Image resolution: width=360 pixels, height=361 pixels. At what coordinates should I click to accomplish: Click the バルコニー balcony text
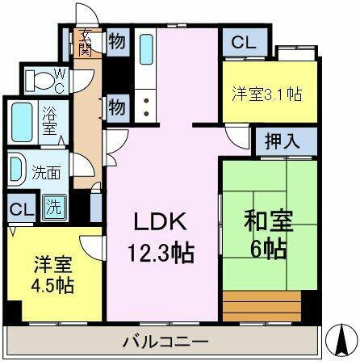[167, 338]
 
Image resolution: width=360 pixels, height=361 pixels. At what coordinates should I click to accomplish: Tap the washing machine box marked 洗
[54, 206]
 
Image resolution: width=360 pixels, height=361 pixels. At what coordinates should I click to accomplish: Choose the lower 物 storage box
[116, 106]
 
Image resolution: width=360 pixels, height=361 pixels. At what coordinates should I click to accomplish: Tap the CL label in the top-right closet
[241, 43]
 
